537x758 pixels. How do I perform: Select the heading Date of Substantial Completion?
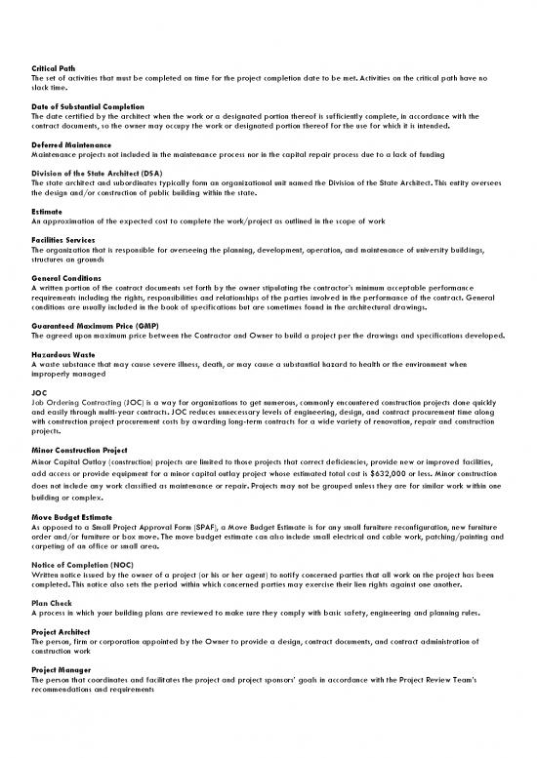(x=88, y=105)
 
